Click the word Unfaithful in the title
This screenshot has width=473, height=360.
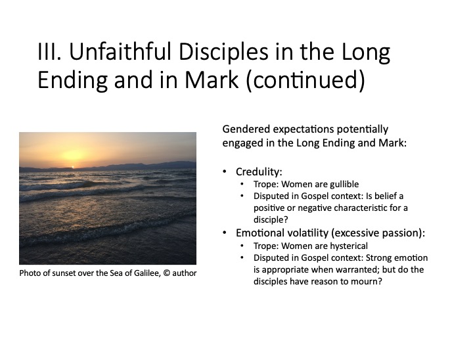click(x=121, y=52)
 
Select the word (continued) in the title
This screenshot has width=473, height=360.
click(x=305, y=80)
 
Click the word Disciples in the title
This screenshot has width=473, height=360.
click(x=223, y=53)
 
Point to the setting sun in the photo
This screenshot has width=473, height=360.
click(x=72, y=167)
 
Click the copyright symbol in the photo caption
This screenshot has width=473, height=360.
click(x=166, y=273)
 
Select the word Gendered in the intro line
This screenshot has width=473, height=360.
click(x=246, y=129)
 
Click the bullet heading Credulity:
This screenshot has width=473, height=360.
click(x=259, y=172)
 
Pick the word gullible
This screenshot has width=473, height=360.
click(x=344, y=185)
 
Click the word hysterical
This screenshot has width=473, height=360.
click(x=349, y=246)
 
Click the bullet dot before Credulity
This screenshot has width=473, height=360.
click(x=225, y=171)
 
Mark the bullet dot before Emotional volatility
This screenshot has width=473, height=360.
click(x=225, y=233)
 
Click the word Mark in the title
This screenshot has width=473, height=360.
click(x=212, y=79)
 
